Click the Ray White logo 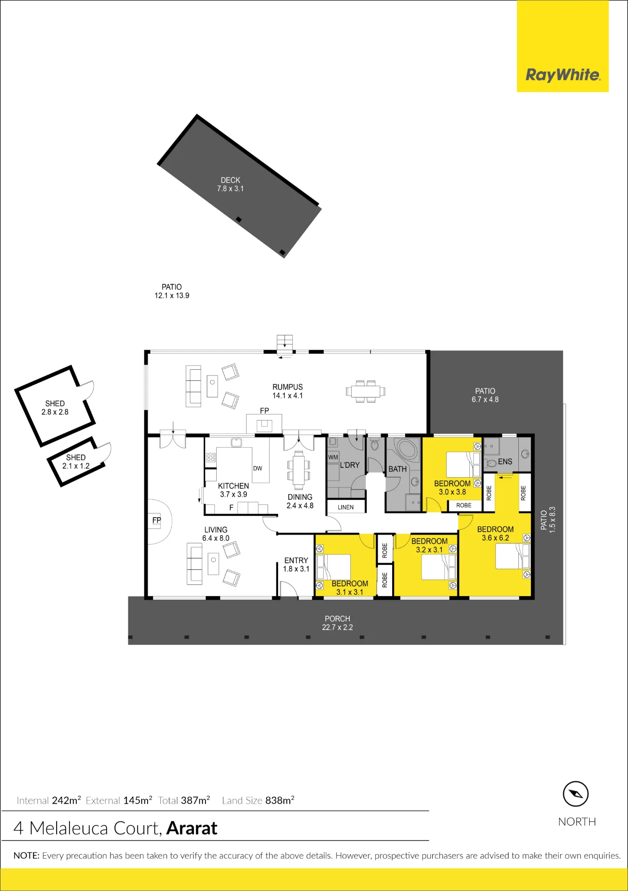(563, 74)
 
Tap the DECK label (230, 180)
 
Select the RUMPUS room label (287, 387)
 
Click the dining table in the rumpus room (365, 392)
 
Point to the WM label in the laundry (333, 457)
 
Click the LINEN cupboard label (346, 507)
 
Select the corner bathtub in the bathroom (407, 449)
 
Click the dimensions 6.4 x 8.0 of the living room (216, 538)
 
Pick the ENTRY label (296, 560)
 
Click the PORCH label (337, 619)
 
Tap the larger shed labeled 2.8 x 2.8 (55, 406)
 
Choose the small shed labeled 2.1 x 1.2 (76, 462)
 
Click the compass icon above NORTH (576, 794)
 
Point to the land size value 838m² (280, 800)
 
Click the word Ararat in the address (192, 828)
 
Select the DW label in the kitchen (258, 468)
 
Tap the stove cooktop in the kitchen (211, 458)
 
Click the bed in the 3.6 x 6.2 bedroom (513, 556)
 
